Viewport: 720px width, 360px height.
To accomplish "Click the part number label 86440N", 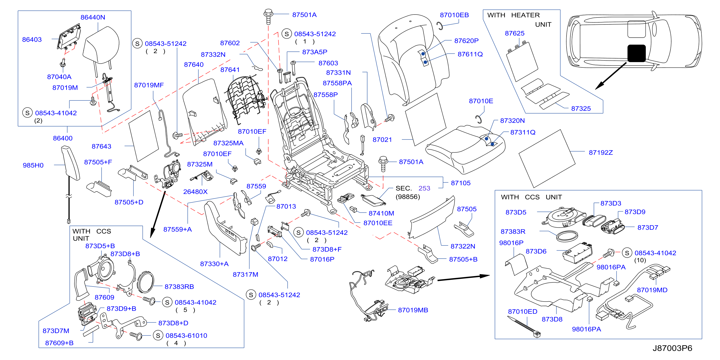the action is click(x=93, y=17).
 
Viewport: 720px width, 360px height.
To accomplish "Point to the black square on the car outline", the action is click(x=636, y=53).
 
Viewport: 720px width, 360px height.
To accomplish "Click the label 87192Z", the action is click(x=601, y=153).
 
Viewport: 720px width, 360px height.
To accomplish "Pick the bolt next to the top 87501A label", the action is click(x=268, y=16).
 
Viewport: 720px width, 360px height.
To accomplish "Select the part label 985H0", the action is click(x=33, y=165).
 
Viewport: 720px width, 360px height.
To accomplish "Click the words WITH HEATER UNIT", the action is click(x=519, y=20).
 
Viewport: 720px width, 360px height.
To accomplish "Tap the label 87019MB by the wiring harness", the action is click(x=413, y=310).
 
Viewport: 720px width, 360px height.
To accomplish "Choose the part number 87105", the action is click(x=461, y=183).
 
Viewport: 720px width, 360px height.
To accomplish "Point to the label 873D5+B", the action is click(x=100, y=246).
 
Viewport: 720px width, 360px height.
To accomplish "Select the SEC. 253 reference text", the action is click(x=413, y=188).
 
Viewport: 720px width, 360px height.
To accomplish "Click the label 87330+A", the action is click(x=214, y=264).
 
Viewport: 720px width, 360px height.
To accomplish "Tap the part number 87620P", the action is click(x=466, y=41).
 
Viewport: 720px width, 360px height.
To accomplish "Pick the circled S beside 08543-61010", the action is click(x=158, y=335).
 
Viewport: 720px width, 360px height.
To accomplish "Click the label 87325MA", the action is click(x=228, y=143).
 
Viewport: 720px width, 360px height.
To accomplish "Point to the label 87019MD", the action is click(x=652, y=290).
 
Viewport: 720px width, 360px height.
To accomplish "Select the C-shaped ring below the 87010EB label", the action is click(x=440, y=26).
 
